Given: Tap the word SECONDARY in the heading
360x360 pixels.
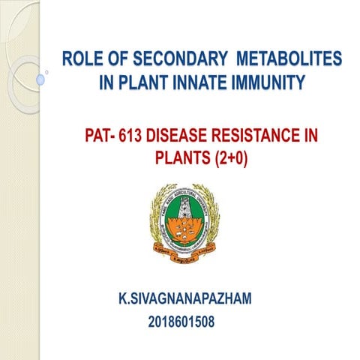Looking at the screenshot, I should [x=176, y=59].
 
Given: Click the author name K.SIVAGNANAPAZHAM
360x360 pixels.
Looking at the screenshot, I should [x=185, y=300].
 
